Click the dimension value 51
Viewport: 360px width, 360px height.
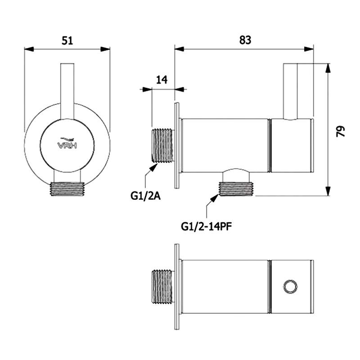(67, 40)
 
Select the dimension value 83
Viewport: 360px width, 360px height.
(245, 40)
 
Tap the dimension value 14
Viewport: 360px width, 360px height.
(162, 80)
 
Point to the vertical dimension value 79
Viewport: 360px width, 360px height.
(340, 131)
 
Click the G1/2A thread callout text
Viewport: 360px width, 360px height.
(145, 196)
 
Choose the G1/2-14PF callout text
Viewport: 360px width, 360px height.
(207, 227)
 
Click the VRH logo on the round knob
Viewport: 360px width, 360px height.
(67, 144)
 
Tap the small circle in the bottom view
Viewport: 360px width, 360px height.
(290, 287)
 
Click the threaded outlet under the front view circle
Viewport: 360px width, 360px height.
(67, 189)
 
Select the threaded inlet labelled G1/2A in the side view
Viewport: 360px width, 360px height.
(162, 145)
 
